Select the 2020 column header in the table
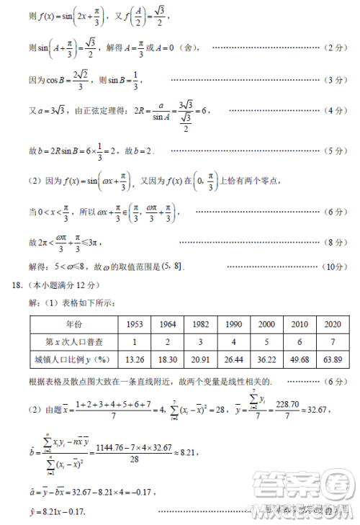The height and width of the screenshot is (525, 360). (x=333, y=323)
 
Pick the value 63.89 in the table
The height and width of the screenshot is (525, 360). (x=333, y=359)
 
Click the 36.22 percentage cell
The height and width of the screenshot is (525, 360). (x=266, y=359)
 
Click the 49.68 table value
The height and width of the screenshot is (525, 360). (x=300, y=359)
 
